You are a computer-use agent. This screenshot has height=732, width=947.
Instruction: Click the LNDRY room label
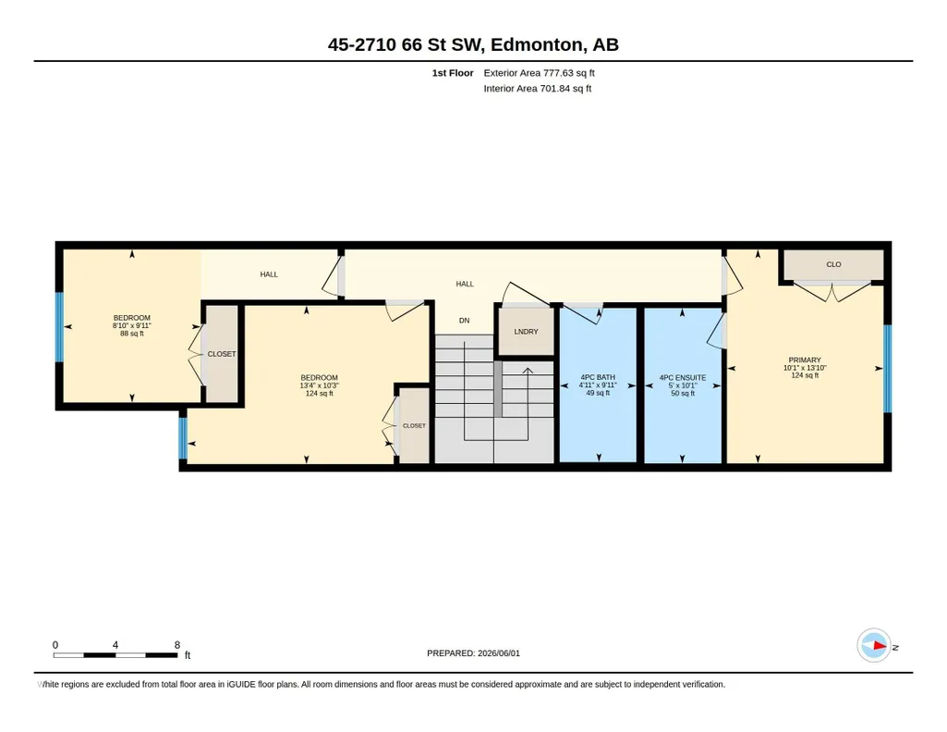526,332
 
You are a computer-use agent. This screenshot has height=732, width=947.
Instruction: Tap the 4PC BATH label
598,377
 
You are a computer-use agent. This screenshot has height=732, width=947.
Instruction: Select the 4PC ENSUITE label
683,377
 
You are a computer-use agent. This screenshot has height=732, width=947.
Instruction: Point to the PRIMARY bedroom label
805,360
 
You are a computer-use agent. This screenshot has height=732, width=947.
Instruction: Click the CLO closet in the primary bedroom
833,264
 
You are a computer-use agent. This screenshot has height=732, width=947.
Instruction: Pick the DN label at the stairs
464,321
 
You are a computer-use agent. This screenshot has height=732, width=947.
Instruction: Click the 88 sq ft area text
132,334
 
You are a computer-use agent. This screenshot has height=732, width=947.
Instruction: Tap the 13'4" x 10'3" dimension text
319,385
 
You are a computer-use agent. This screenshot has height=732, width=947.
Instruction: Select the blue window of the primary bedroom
887,369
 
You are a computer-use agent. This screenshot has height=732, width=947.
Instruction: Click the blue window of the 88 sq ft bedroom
59,327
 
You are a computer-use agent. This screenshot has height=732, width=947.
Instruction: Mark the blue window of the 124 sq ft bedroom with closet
183,438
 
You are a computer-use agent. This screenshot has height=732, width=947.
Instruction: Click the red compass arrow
880,646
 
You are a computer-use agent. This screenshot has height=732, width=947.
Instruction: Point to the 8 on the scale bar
177,645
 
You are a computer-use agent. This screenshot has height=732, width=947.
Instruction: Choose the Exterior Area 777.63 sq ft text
539,73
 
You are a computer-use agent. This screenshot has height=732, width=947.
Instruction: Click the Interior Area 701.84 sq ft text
537,88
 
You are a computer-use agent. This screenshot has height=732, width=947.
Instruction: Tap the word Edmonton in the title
537,44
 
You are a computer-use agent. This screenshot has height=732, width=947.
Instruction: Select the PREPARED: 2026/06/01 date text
473,653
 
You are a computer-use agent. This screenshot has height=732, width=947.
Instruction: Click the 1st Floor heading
453,73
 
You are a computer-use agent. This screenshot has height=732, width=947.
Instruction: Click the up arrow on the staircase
528,372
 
